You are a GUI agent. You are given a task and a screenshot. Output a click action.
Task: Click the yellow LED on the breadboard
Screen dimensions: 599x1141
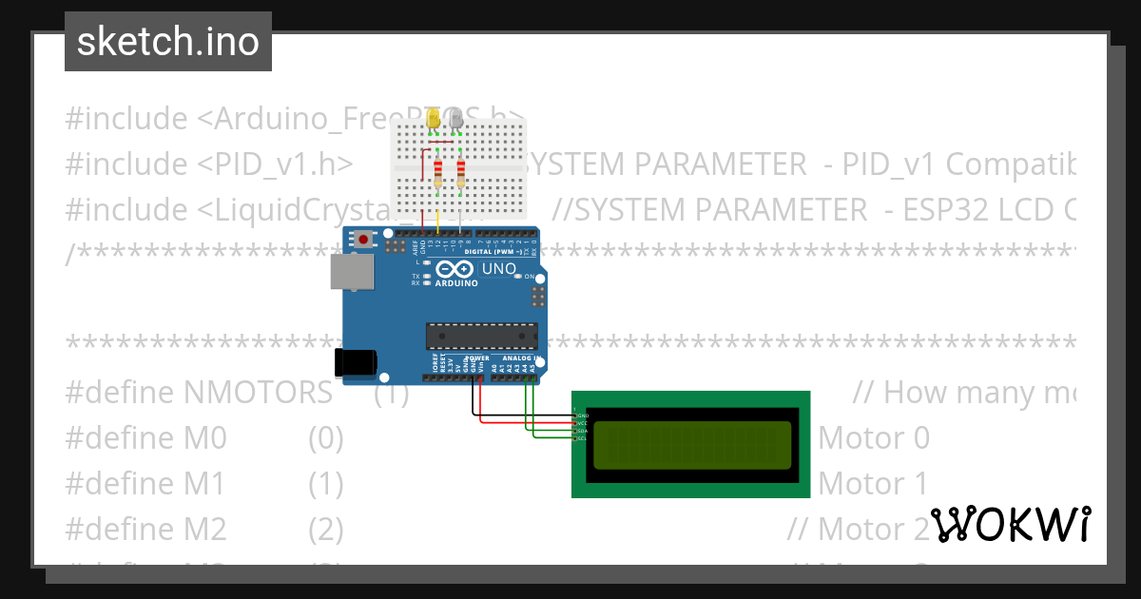[435, 120]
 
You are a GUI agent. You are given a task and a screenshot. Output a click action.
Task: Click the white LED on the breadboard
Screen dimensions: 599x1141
[457, 120]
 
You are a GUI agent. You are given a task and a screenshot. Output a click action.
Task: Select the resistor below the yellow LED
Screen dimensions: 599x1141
[437, 174]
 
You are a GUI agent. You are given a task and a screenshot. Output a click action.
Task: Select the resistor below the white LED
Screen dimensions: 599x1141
[461, 174]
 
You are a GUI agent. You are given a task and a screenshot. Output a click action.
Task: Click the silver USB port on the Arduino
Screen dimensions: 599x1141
[351, 272]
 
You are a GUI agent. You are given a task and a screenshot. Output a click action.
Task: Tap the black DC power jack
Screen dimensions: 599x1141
[356, 361]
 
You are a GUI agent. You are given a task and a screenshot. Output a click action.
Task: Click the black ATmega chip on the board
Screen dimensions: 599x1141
[481, 336]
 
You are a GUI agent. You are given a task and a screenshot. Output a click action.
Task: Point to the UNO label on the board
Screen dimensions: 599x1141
[499, 269]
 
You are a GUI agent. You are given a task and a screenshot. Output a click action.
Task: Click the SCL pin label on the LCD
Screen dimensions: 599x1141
[582, 438]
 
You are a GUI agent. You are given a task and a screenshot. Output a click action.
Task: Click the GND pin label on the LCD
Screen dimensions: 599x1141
[582, 415]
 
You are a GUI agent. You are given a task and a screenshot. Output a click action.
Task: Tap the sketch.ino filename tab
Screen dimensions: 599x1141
[168, 42]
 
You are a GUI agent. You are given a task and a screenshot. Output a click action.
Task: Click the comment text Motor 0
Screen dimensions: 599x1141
[873, 438]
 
